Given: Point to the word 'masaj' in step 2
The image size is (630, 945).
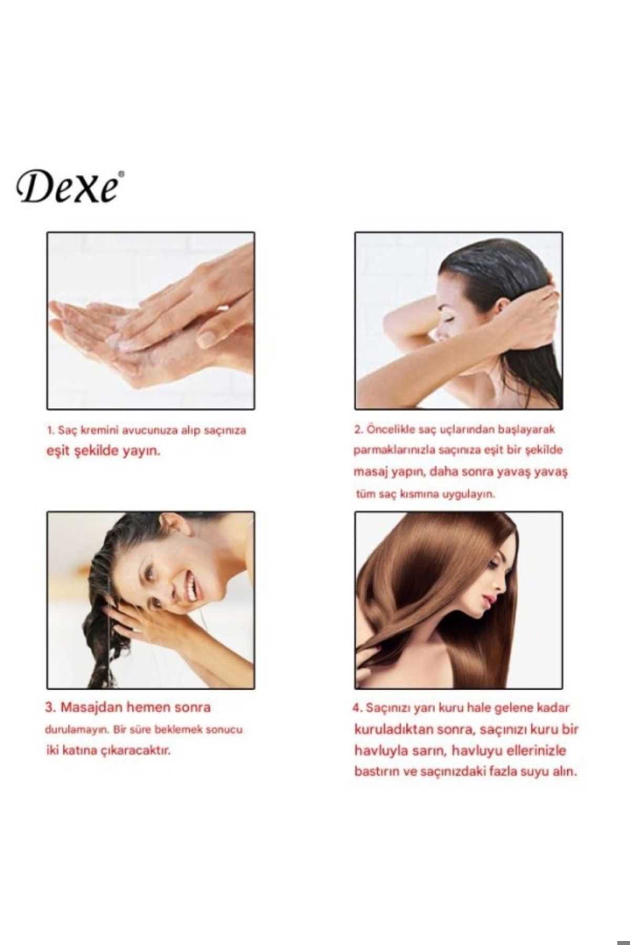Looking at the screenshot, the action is pyautogui.click(x=370, y=472).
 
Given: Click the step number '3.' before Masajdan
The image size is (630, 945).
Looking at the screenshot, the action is pyautogui.click(x=51, y=708).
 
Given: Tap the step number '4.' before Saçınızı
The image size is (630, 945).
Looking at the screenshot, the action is pyautogui.click(x=358, y=708).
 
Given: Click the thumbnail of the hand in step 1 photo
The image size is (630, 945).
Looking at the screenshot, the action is pyautogui.click(x=208, y=339).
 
